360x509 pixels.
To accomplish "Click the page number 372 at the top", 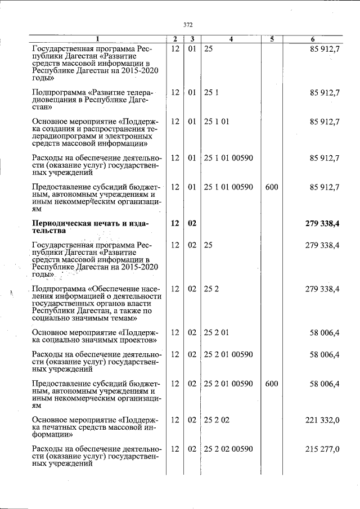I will (188, 25).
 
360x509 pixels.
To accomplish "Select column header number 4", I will (231, 39).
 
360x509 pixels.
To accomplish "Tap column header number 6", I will (313, 39).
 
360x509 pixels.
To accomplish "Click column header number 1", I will (96, 39).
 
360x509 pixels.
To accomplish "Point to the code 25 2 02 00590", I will (228, 449).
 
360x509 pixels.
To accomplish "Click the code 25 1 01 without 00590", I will (216, 121).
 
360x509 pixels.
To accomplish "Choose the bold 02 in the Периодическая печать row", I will (192, 224).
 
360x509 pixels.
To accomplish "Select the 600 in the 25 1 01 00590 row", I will (271, 187).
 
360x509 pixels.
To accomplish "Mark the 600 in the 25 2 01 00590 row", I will (271, 384).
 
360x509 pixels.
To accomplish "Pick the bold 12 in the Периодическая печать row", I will (174, 224).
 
